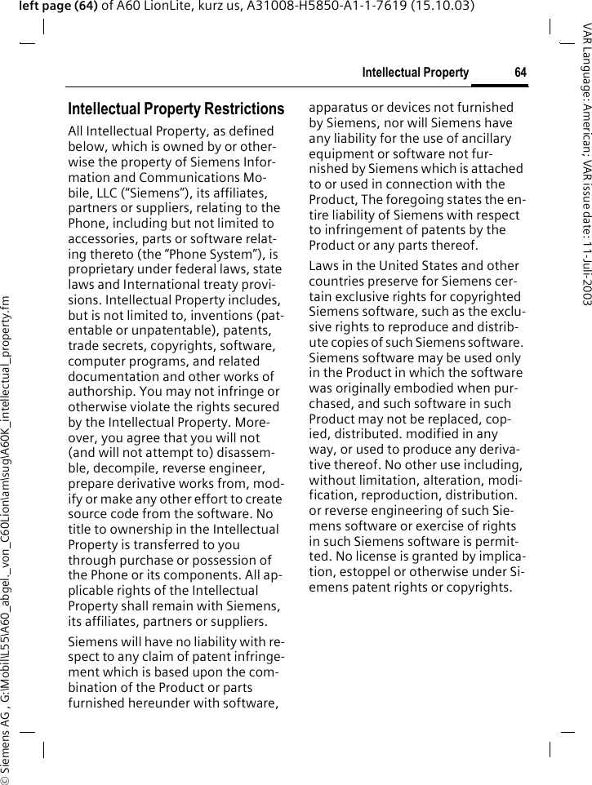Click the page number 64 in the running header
click(520, 73)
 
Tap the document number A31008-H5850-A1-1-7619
click(336, 7)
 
